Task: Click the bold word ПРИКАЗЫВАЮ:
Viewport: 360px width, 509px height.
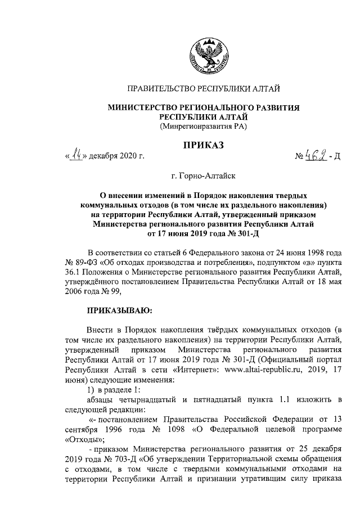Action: pyautogui.click(x=117, y=309)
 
